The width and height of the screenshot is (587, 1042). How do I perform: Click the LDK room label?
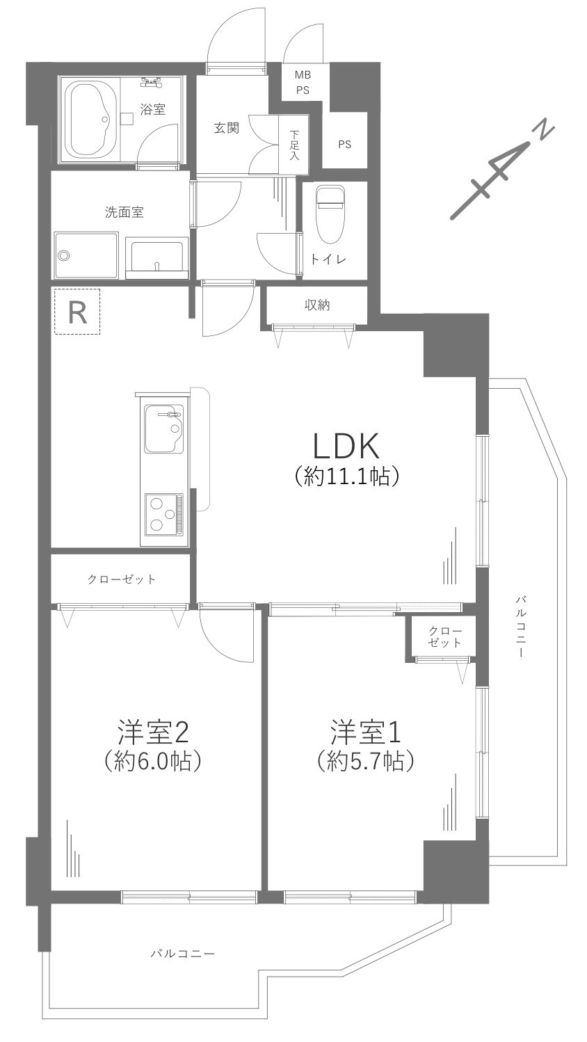pyautogui.click(x=346, y=446)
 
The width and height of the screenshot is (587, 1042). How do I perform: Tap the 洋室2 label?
pyautogui.click(x=153, y=732)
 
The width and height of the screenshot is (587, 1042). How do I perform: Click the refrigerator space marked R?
pyautogui.click(x=77, y=312)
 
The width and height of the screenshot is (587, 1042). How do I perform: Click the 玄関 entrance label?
pyautogui.click(x=226, y=128)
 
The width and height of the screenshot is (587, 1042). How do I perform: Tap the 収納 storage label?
pyautogui.click(x=316, y=304)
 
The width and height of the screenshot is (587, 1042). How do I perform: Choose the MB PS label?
pyautogui.click(x=303, y=82)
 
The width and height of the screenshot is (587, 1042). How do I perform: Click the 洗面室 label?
pyautogui.click(x=124, y=213)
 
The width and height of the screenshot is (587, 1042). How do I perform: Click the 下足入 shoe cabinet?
pyautogui.click(x=294, y=145)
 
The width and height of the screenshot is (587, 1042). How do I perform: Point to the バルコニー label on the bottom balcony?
pyautogui.click(x=183, y=953)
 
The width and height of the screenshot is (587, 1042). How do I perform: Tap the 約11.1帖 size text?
pyautogui.click(x=346, y=476)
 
